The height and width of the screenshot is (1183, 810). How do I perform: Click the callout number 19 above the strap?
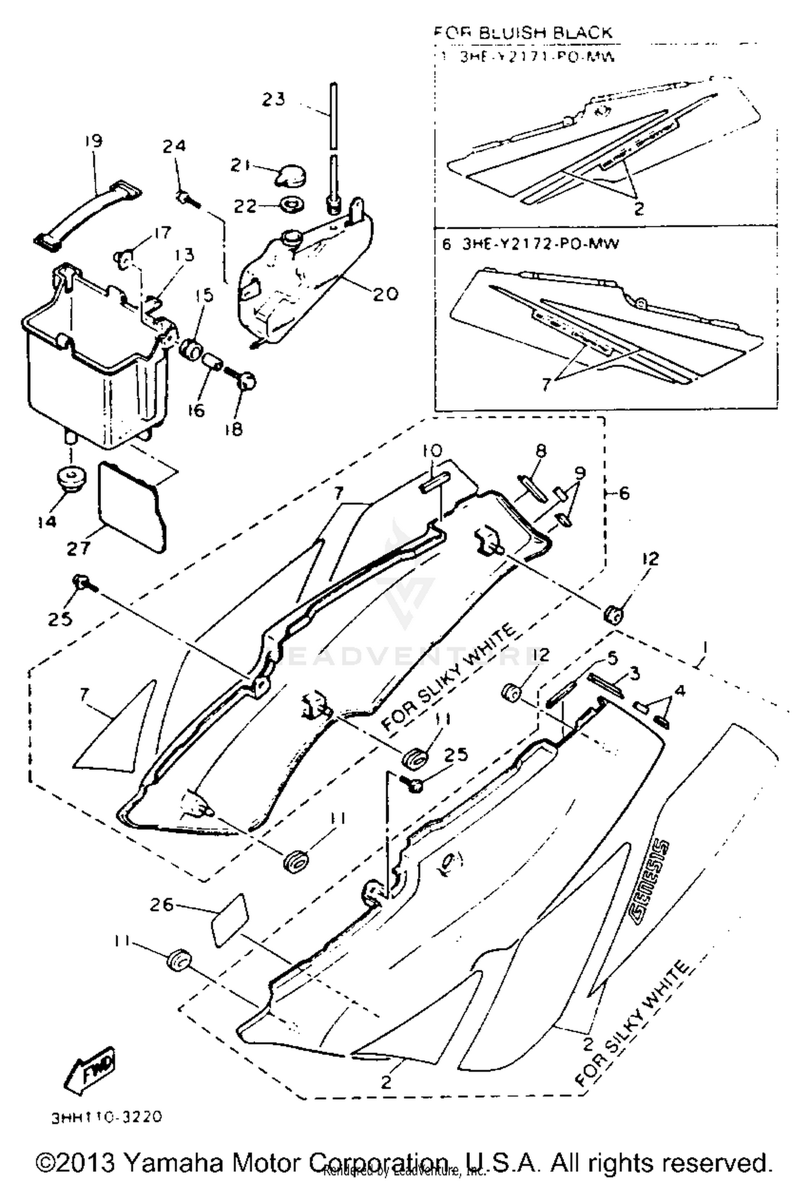93,141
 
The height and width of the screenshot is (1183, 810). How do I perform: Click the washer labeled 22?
292,205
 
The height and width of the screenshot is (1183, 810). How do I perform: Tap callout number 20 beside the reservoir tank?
385,294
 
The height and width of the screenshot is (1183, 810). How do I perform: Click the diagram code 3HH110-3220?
107,1117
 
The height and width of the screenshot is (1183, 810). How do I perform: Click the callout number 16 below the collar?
197,410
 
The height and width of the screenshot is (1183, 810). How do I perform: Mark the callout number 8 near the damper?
541,450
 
